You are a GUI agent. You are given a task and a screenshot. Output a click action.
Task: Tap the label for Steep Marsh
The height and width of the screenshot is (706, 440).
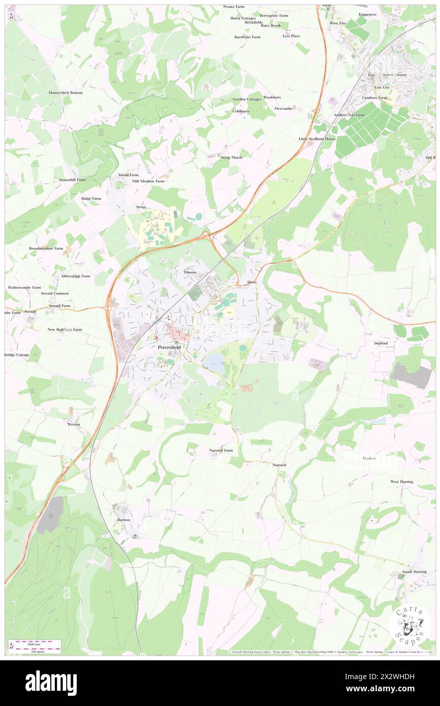point(231,157)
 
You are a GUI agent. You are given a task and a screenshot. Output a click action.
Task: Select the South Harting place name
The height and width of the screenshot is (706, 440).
point(415,572)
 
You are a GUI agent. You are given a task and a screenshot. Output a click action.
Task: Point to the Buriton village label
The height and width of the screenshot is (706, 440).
point(123,520)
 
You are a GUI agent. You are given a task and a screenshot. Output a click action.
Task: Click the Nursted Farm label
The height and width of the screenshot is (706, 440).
point(221,450)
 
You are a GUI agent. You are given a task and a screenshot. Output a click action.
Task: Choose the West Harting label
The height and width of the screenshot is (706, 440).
point(401,482)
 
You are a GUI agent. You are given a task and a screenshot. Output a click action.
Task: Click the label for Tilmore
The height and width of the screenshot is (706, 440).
point(190,272)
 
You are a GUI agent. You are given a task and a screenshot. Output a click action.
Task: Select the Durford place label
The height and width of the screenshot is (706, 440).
point(381,343)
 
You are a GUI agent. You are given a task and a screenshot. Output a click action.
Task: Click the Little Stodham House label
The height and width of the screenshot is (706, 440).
point(317,139)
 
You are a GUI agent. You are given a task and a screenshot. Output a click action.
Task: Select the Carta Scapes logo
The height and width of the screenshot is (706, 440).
point(410,623)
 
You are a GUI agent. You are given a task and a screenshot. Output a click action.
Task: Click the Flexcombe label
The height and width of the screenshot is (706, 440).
point(284,108)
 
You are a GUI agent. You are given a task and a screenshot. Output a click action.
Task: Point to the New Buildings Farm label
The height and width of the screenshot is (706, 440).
point(65,330)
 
